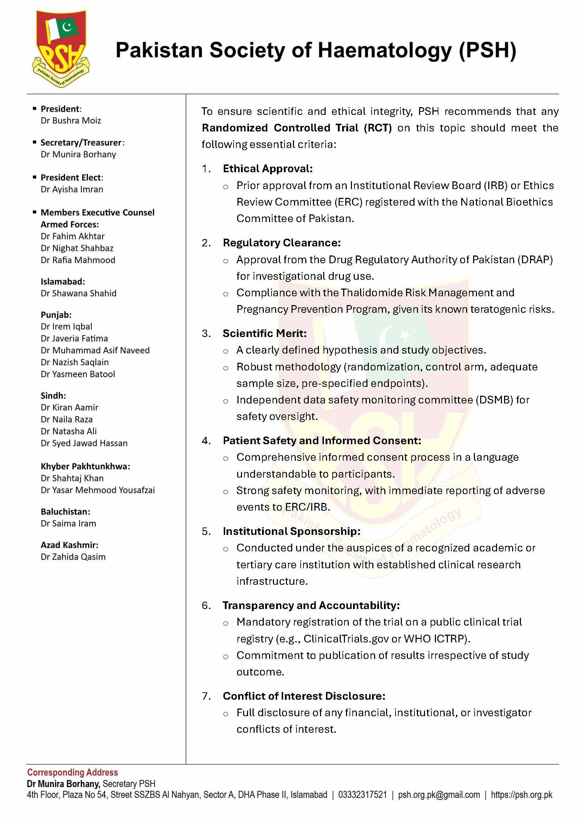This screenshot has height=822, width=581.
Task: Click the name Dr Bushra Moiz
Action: [71, 121]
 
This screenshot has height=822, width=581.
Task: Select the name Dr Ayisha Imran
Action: [72, 189]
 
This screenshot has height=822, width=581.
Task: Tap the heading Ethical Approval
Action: [268, 169]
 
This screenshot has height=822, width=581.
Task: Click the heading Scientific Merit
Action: [265, 333]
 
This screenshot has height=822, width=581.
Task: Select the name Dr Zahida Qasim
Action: [73, 557]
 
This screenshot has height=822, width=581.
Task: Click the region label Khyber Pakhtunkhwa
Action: [85, 466]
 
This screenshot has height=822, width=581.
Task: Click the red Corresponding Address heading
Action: [73, 772]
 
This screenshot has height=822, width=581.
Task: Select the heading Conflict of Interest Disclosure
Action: [304, 696]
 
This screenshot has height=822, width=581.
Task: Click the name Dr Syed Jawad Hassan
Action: [84, 443]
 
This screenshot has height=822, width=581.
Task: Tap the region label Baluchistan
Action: [65, 512]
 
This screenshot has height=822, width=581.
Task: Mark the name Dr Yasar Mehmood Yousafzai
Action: [98, 490]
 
